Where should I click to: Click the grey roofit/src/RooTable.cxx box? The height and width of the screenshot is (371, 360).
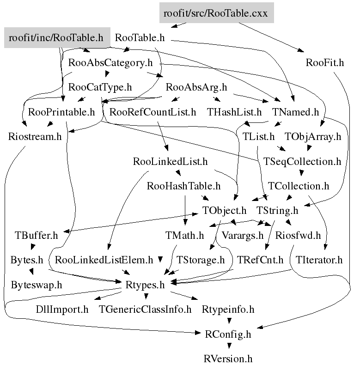point(216,13)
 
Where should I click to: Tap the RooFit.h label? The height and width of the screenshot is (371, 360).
point(324,63)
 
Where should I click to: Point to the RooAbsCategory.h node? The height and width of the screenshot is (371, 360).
point(110,63)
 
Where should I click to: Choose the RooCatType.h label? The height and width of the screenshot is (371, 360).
point(100,87)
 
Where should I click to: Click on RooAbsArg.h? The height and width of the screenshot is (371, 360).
point(196,87)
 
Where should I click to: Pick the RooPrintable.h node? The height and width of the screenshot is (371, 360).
point(61,112)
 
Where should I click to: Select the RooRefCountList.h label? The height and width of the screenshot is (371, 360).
point(153,112)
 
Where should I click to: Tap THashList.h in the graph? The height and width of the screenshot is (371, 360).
point(234,112)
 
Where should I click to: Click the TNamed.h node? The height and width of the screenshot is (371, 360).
point(296,112)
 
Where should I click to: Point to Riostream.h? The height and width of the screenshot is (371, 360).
point(34,137)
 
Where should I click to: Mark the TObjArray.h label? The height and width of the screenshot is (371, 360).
point(313,137)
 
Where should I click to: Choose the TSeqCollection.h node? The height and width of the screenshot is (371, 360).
point(302,162)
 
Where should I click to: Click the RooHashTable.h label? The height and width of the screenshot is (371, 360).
point(183,186)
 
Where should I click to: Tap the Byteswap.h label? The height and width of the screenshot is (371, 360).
point(36,285)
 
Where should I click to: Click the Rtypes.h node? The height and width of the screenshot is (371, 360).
point(145,285)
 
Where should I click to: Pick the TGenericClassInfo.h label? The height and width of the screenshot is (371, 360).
point(145,309)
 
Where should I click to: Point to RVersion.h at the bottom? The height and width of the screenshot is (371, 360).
point(228,358)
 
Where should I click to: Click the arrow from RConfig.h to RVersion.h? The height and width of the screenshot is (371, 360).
point(228,346)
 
